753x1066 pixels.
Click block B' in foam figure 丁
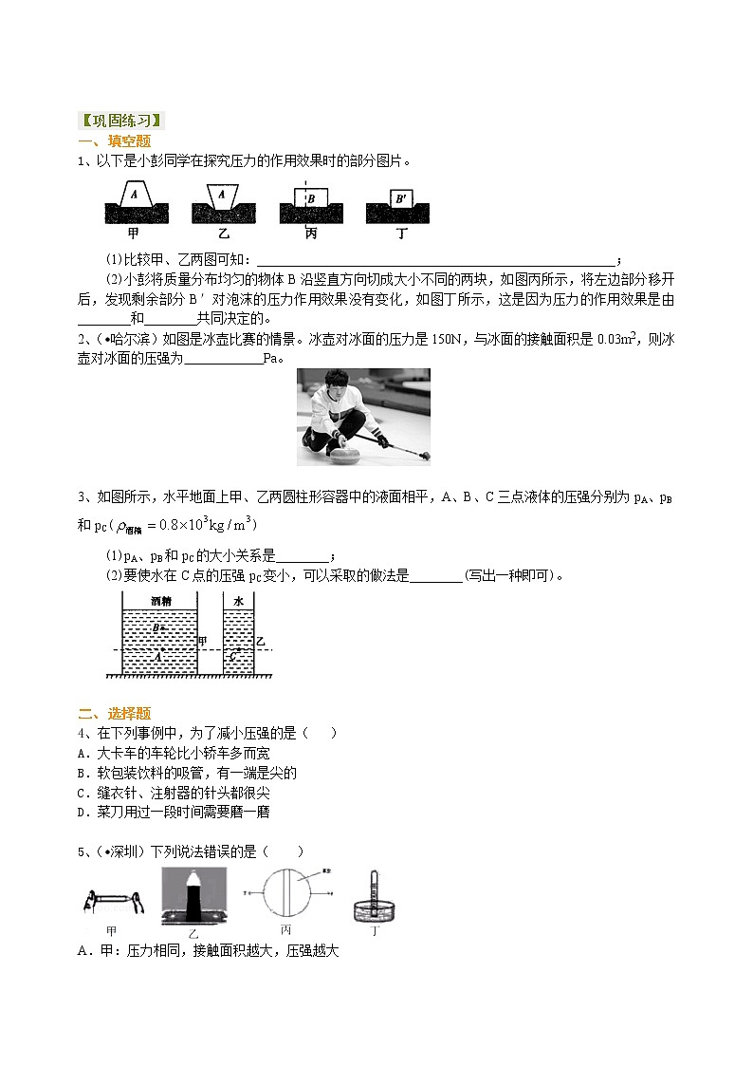coord(401,199)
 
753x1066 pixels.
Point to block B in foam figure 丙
coord(311,199)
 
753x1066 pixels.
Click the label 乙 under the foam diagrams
coord(223,233)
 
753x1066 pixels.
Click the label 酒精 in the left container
coord(160,601)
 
